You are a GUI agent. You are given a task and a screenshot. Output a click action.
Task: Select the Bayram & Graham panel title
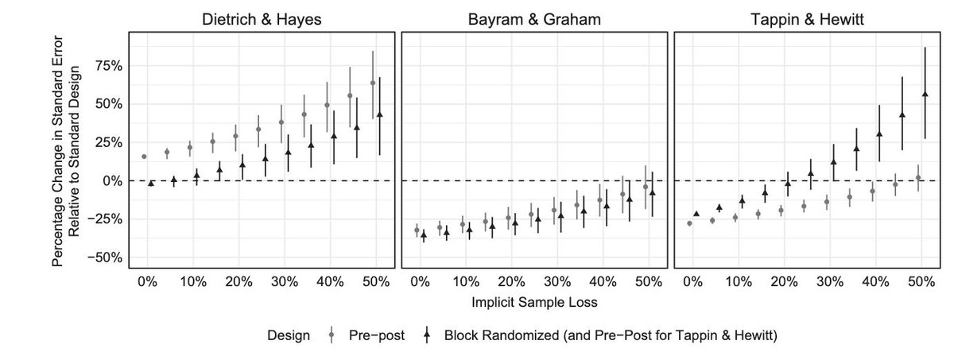[533, 20]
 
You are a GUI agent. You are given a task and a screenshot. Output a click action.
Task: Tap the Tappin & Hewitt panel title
[807, 20]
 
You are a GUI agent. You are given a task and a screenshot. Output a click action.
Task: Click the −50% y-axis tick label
[105, 257]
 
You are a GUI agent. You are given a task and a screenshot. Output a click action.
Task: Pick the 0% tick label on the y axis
[112, 181]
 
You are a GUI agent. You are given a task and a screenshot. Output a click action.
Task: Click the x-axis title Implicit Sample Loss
[533, 301]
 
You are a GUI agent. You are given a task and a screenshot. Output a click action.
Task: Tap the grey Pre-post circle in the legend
[331, 335]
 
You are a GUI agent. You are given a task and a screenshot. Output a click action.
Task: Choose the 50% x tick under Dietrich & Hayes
[376, 282]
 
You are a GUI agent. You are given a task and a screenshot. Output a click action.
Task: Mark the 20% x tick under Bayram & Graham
[511, 282]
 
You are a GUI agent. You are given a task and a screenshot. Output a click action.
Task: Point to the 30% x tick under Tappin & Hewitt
[830, 282]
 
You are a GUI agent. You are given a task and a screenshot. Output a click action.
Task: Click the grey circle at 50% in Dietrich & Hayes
[373, 83]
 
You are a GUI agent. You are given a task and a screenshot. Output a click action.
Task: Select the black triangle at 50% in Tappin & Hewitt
[925, 94]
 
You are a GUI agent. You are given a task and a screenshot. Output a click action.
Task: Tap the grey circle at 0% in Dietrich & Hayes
[144, 157]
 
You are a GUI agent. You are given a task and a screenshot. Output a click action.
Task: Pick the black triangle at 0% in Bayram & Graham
[424, 234]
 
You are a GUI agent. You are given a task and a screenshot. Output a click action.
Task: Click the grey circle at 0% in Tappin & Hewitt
[689, 223]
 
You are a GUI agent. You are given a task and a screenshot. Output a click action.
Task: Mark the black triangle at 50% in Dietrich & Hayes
[380, 114]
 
